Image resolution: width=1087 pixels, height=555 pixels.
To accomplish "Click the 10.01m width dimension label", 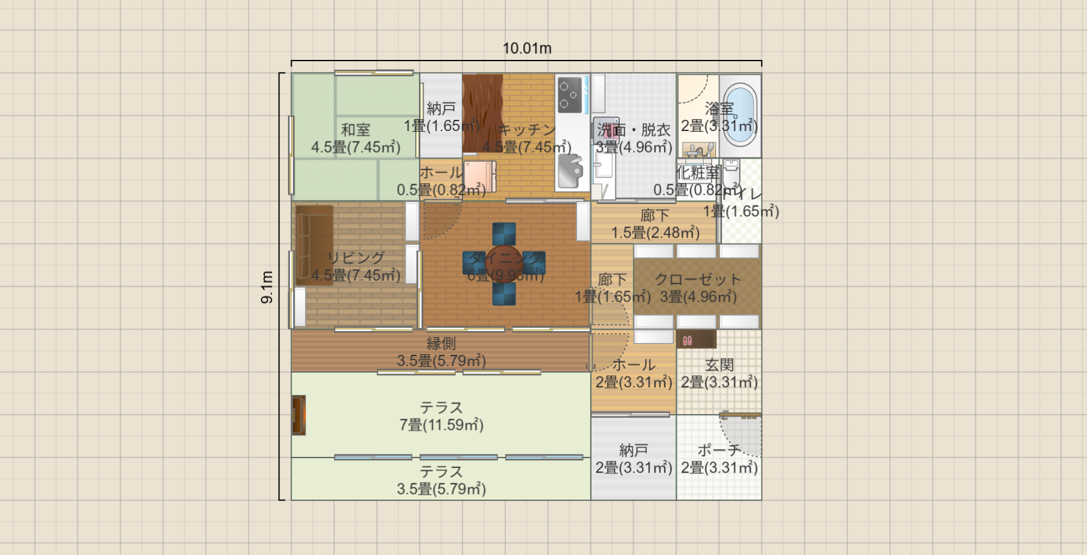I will pos(527,48).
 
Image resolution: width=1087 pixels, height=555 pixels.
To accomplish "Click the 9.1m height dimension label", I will pos(267,287).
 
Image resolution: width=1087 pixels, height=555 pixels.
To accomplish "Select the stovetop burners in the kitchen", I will pos(571,94).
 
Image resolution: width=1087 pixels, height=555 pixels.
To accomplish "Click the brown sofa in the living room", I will pos(314,244).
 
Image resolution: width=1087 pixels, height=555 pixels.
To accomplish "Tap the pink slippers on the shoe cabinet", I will pos(687,340).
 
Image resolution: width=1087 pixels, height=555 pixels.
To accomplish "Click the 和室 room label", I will pos(356,130).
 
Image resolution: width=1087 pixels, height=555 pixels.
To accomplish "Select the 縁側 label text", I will pos(441,343).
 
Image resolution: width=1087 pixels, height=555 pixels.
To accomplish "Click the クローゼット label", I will pos(698,279).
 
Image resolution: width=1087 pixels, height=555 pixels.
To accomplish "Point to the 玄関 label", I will pos(719,365).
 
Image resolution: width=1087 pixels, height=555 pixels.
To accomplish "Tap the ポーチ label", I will pos(719,450).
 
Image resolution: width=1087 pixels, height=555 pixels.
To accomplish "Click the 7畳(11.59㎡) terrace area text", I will pos(441,425).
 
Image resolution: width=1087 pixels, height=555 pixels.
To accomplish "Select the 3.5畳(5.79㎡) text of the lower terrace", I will pos(441,489).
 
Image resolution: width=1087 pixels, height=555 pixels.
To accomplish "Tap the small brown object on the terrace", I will pos(298,415).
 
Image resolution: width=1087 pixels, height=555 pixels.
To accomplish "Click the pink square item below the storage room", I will pos(479,176).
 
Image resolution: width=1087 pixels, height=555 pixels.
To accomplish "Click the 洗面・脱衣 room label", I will pos(634,130).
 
